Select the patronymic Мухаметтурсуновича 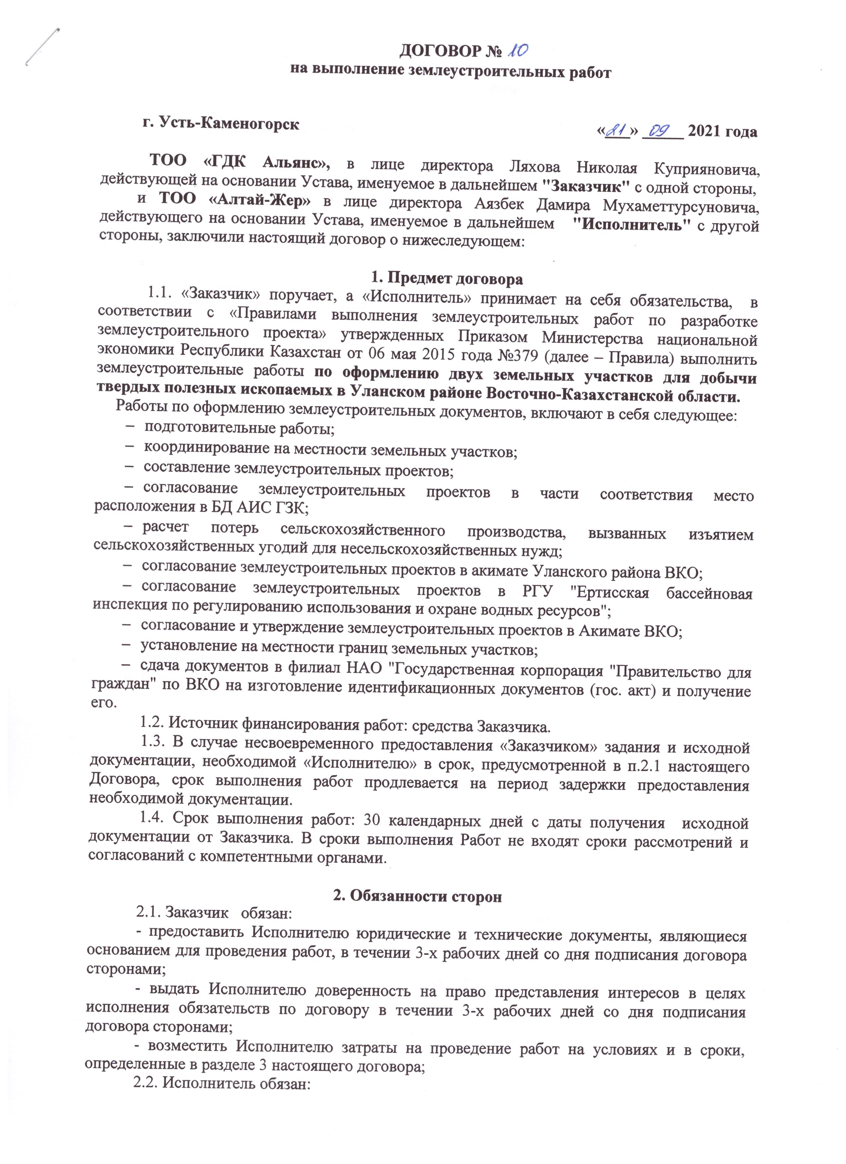681,207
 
